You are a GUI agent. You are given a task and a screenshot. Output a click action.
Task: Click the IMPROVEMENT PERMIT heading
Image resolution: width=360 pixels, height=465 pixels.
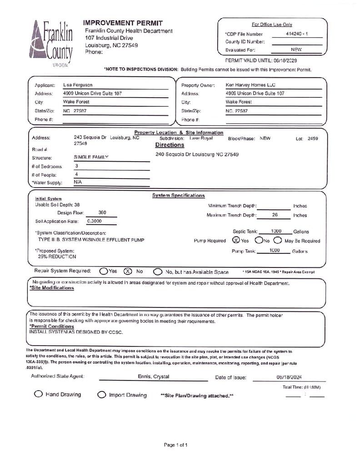point(123,23)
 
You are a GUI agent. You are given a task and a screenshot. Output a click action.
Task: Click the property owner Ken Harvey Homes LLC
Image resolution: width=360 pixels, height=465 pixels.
point(250,85)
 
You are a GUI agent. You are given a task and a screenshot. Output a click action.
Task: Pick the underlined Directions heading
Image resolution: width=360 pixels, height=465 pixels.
point(170,145)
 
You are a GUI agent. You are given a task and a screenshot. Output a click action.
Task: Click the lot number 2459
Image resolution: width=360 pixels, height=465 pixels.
point(313,139)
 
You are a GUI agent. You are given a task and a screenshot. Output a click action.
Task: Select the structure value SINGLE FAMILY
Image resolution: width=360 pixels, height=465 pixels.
point(91,157)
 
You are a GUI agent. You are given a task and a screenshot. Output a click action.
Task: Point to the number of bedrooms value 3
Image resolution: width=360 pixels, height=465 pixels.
point(77,166)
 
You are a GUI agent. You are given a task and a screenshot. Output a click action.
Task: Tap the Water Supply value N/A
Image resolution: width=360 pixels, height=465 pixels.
point(78,182)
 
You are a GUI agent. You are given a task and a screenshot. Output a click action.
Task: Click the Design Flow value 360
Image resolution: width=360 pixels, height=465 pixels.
point(102,213)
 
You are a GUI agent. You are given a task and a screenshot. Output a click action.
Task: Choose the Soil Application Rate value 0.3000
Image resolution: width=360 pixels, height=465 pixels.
point(95,221)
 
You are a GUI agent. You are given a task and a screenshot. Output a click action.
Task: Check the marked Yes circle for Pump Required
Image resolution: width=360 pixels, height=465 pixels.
point(236,240)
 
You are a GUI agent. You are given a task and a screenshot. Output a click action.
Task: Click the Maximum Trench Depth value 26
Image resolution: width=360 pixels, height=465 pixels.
point(275,215)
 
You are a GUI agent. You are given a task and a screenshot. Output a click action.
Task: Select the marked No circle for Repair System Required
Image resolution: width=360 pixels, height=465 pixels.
point(128,271)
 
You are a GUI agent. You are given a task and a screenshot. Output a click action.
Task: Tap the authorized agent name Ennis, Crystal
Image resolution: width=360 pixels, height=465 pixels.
point(154,377)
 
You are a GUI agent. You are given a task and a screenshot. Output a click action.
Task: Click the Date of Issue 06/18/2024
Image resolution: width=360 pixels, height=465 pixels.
point(289,377)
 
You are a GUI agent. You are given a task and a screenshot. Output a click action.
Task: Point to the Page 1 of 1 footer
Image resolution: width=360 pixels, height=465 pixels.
point(175,445)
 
